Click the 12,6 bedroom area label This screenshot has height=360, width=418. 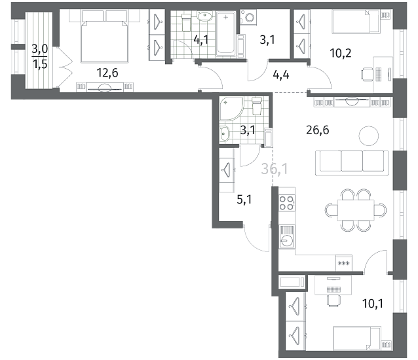pyautogui.click(x=107, y=73)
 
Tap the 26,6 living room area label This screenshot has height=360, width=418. pyautogui.click(x=318, y=130)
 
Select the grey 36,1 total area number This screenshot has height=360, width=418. pyautogui.click(x=275, y=169)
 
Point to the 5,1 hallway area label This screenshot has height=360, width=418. pyautogui.click(x=244, y=199)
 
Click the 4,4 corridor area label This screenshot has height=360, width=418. pyautogui.click(x=281, y=75)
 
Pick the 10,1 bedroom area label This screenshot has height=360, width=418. pyautogui.click(x=372, y=303)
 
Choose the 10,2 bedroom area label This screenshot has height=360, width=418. pyautogui.click(x=341, y=53)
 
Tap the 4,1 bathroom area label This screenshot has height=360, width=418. pyautogui.click(x=200, y=40)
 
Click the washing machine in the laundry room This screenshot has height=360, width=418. pyautogui.click(x=248, y=18)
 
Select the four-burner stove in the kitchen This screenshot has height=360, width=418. pyautogui.click(x=287, y=203)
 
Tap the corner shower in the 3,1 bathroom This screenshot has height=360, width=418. pyautogui.click(x=231, y=109)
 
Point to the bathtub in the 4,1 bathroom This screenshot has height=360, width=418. pyautogui.click(x=225, y=33)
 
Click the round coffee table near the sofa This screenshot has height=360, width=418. pyautogui.click(x=369, y=135)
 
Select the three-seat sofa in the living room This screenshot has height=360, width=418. pyautogui.click(x=352, y=163)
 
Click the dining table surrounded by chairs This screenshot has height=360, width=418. pyautogui.click(x=356, y=210)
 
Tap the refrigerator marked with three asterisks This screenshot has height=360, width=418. pyautogui.click(x=344, y=263)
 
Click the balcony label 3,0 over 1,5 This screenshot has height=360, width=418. pyautogui.click(x=40, y=56)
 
